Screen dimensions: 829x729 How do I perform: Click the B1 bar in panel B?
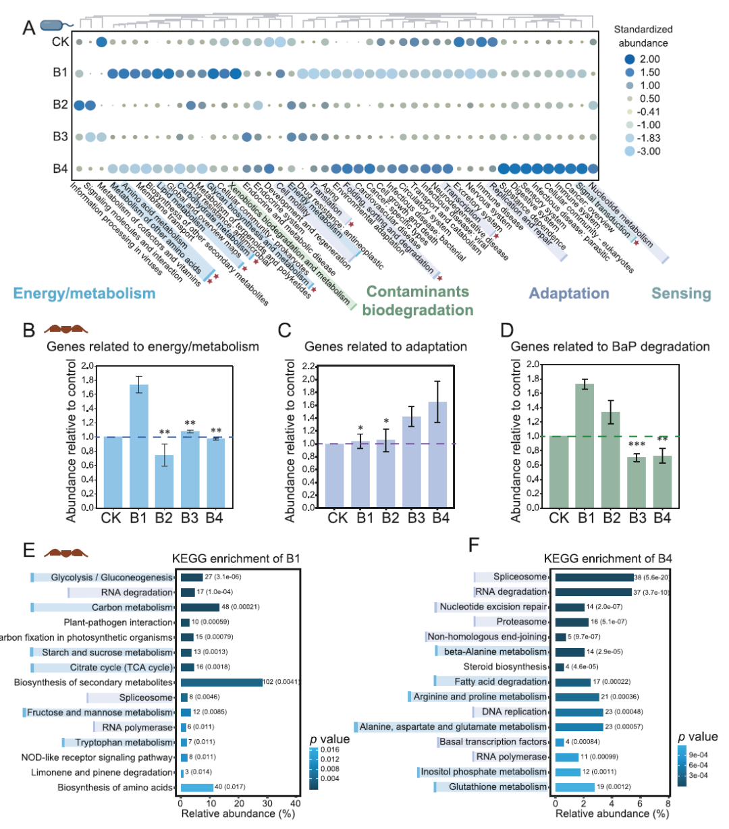(x=138, y=446)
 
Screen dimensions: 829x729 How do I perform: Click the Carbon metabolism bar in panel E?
(x=200, y=608)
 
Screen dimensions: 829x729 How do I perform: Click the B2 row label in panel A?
(x=60, y=105)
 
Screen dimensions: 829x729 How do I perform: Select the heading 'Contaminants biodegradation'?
(x=417, y=301)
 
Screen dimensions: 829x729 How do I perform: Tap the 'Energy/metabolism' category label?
(x=84, y=294)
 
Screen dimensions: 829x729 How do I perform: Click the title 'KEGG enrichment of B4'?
(x=608, y=559)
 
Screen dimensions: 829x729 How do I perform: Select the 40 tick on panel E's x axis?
(x=295, y=803)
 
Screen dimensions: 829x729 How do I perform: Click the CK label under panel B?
(x=113, y=518)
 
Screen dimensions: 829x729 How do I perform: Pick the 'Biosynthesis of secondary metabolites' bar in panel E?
(x=221, y=683)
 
